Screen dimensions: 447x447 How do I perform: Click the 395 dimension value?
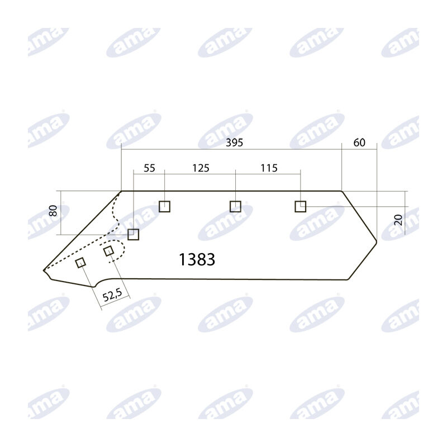(234, 142)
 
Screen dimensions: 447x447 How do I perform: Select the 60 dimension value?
(359, 142)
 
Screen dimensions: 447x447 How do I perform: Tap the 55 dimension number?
(149, 168)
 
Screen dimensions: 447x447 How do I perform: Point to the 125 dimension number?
(201, 168)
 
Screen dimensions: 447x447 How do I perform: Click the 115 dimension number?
(269, 168)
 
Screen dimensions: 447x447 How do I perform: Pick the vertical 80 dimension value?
(53, 211)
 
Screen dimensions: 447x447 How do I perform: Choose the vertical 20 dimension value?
(398, 220)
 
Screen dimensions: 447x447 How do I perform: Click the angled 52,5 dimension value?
(112, 295)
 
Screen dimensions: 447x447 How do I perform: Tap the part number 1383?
(197, 259)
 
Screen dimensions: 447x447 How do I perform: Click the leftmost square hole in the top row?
(164, 206)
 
